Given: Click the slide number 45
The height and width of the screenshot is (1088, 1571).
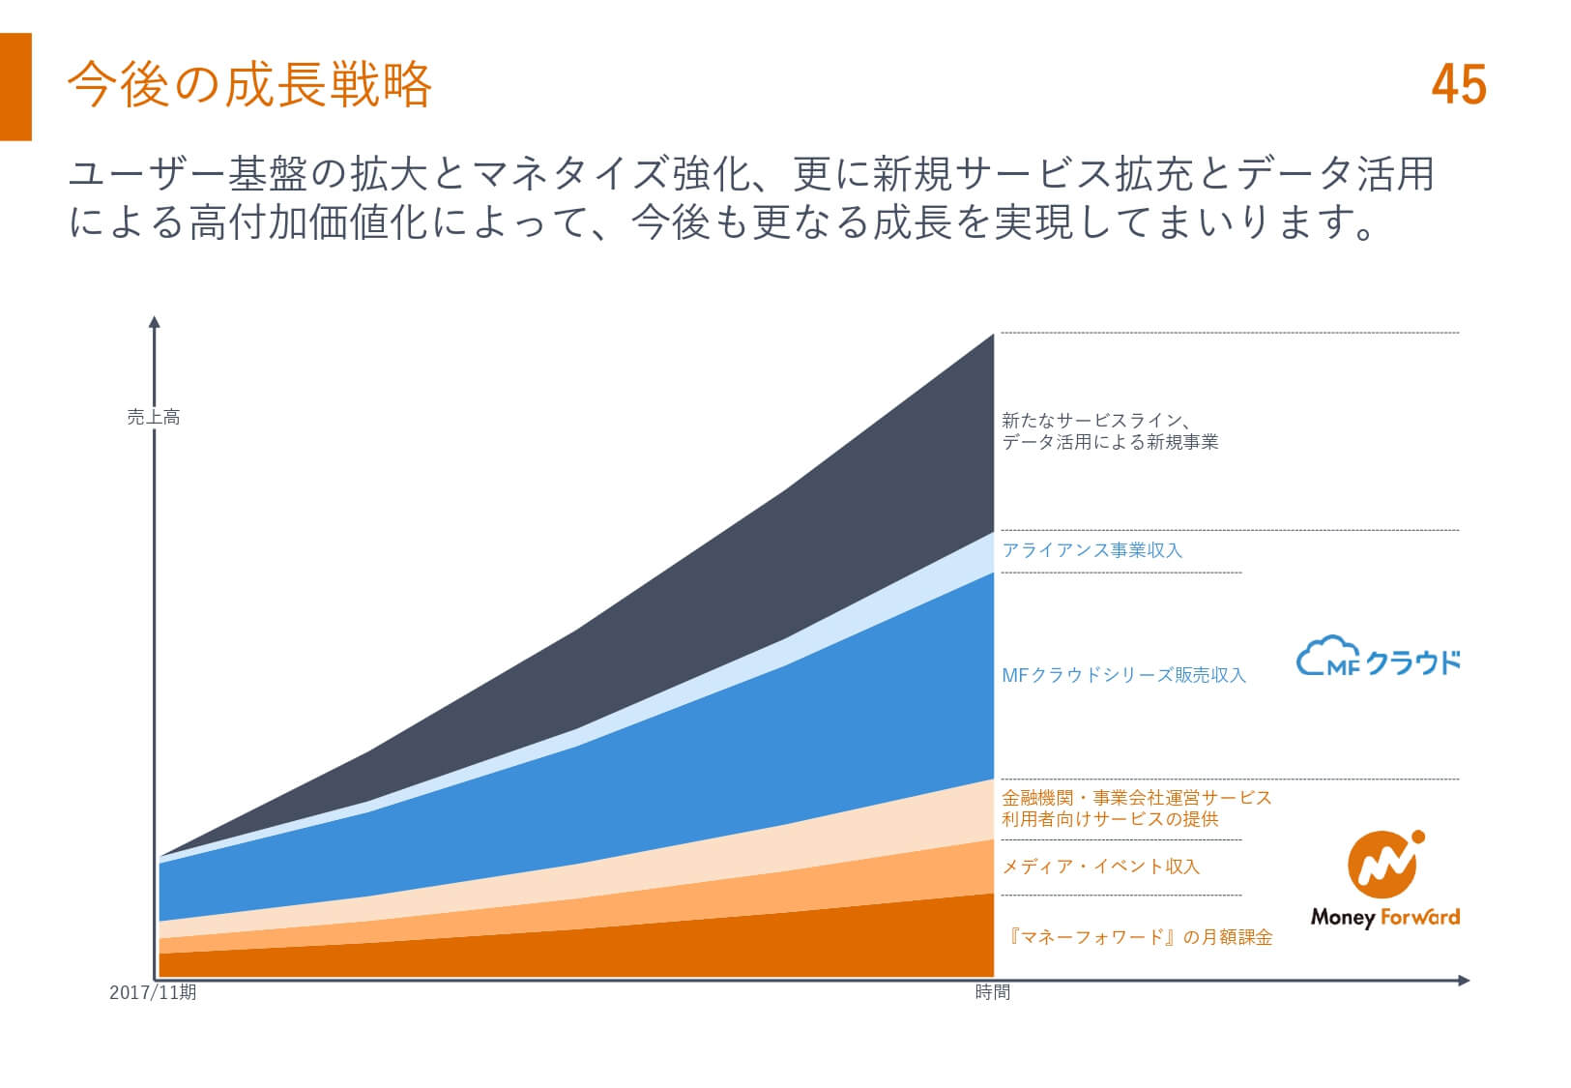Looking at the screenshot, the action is [1458, 85].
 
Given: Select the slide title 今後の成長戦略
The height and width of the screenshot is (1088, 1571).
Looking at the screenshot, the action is [249, 84].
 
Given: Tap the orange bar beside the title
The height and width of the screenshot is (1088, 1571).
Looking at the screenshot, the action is [15, 87].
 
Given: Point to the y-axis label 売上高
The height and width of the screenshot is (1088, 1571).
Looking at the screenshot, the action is [154, 418].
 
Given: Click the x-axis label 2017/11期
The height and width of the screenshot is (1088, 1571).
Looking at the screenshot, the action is [153, 992].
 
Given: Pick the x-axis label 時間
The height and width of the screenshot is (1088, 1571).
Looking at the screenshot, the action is [993, 992].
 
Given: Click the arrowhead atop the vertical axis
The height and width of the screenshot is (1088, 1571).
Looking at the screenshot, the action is [155, 321].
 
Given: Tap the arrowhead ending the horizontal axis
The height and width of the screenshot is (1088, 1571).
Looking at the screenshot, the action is [1464, 981].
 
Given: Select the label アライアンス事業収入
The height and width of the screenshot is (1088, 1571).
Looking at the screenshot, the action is [1092, 550].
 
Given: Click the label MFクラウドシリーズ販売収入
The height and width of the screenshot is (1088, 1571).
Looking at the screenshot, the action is [1123, 676].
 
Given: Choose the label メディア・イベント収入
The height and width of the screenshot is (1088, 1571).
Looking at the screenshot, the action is [1100, 867].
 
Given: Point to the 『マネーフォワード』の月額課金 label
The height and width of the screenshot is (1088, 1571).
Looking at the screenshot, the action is [1138, 938].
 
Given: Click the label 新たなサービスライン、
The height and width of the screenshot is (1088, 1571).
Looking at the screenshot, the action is [1095, 421].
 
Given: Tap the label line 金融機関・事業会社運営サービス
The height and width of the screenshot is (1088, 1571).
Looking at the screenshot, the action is [1136, 798].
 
